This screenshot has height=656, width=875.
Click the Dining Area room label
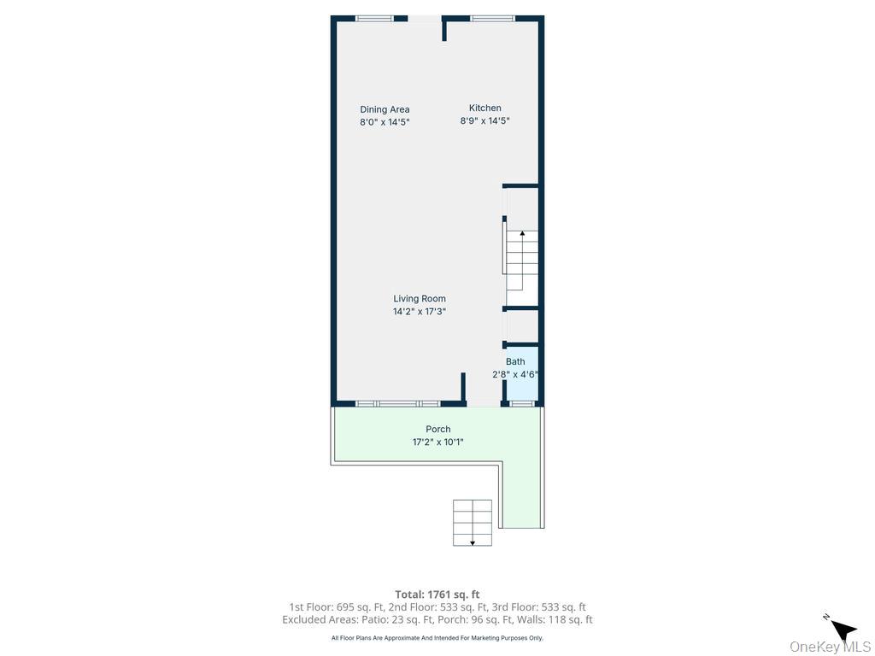[385, 109]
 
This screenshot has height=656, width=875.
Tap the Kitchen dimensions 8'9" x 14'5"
[484, 121]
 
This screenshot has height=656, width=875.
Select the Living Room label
[419, 299]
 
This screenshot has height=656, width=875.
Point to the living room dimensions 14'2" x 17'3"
[419, 312]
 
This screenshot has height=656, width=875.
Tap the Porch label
[437, 430]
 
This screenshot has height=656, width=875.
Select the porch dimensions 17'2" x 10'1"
[437, 442]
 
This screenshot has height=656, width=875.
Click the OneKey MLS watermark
[830, 647]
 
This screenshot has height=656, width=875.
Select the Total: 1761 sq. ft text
[437, 594]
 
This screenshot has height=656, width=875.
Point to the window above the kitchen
[492, 18]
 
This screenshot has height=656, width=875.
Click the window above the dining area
[374, 18]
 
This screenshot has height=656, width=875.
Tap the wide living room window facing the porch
[397, 403]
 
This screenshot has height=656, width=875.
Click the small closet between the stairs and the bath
[522, 326]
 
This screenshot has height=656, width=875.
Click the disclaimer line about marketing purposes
[437, 638]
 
